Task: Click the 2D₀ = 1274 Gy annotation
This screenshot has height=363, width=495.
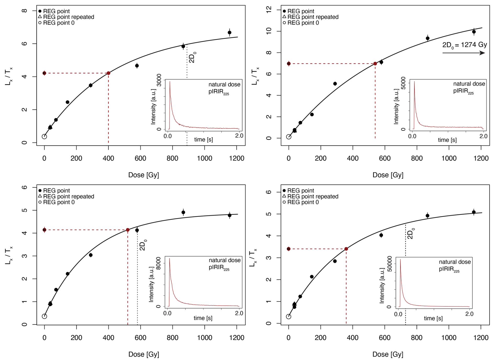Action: tap(464, 45)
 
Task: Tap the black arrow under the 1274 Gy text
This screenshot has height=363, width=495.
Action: tap(463, 53)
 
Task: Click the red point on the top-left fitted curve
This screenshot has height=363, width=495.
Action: tap(108, 73)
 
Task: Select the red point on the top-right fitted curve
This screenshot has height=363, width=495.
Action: tap(375, 64)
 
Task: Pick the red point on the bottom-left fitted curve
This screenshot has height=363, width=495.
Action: tap(128, 230)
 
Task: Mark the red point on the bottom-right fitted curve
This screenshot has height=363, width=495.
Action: tap(346, 249)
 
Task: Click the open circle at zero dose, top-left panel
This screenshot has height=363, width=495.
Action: tap(44, 137)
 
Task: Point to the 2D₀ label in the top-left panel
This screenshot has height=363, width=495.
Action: tap(192, 57)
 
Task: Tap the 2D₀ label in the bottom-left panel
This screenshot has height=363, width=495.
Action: tap(143, 245)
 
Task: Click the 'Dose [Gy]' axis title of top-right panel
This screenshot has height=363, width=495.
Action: tap(388, 175)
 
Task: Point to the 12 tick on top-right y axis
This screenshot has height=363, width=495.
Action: tap(269, 10)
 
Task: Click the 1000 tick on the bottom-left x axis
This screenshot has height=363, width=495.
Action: tap(205, 338)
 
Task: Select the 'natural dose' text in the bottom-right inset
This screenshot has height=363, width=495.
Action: tap(455, 262)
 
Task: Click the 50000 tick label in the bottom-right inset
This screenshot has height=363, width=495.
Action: tap(389, 264)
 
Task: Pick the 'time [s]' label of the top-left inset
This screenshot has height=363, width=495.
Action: tap(203, 140)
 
